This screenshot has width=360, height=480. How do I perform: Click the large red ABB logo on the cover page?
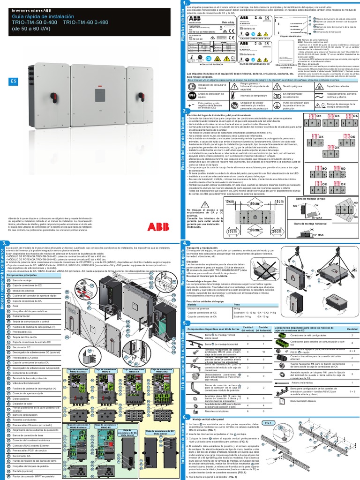[x=159, y=227]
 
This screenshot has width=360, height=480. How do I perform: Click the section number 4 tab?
[x=186, y=243]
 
